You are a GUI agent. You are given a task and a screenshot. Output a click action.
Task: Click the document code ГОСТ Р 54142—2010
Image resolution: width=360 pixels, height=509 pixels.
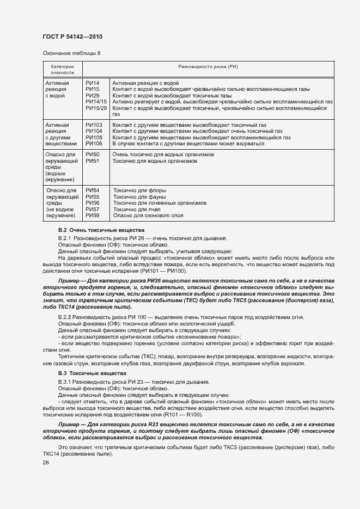point(72,36)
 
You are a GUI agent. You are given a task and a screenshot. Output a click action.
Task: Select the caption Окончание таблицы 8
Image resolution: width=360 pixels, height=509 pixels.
point(71,53)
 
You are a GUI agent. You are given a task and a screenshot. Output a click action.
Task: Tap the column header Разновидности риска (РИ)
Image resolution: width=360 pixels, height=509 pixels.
point(209,66)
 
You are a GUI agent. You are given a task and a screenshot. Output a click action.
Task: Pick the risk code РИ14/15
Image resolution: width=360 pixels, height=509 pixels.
point(96,102)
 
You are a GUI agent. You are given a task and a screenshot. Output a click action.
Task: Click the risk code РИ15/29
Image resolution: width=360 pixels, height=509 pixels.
point(96,108)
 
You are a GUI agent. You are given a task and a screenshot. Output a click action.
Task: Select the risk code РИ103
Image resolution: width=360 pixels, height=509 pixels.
point(94,125)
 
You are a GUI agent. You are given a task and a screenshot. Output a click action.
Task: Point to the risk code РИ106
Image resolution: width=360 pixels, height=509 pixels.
point(94,144)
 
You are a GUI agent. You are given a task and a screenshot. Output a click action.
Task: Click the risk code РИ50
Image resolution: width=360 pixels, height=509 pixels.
point(92,155)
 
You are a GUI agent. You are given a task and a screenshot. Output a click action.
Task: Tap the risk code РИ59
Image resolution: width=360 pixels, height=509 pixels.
point(92,216)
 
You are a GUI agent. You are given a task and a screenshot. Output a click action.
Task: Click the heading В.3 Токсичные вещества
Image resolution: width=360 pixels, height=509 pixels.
point(89,373)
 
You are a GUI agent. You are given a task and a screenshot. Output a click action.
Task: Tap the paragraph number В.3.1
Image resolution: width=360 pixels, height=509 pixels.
point(65,382)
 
